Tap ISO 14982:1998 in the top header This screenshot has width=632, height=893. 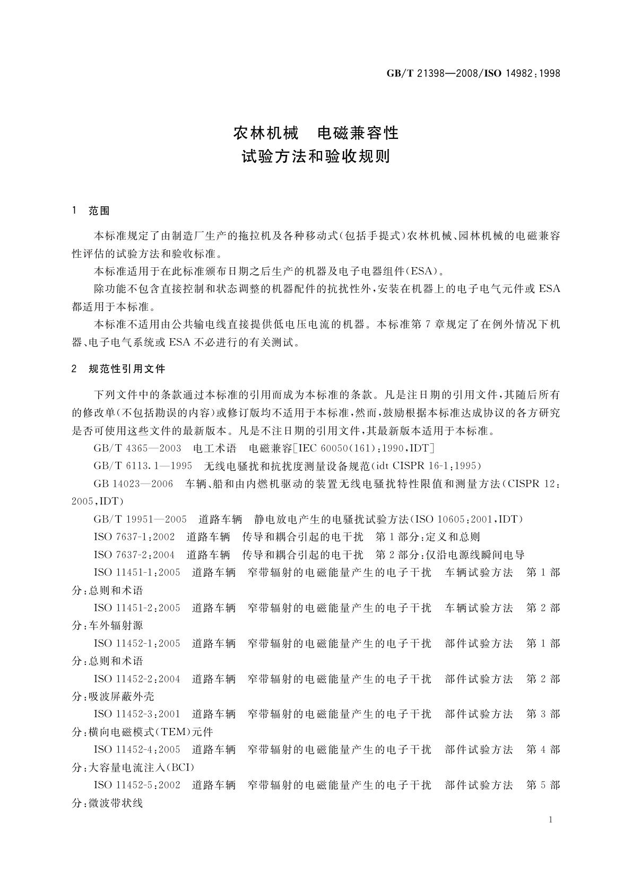(523, 74)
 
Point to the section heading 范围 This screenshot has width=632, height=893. (99, 211)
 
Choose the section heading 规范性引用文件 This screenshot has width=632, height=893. (127, 369)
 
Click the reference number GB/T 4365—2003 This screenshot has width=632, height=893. (137, 449)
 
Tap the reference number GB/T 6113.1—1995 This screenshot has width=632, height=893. (143, 466)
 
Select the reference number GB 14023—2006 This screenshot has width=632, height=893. (133, 484)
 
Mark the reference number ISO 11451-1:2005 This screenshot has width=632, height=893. (137, 573)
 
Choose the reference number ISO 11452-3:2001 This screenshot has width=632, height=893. (137, 714)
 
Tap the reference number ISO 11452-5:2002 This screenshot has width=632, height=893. (137, 785)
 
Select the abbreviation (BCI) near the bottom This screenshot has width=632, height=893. (180, 767)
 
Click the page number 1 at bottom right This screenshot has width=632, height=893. (550, 820)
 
